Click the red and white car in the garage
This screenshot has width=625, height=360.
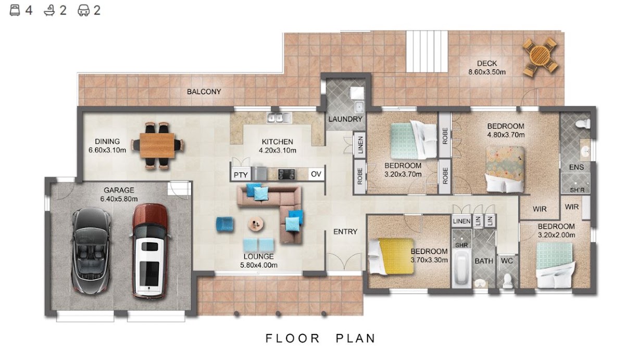[150, 251]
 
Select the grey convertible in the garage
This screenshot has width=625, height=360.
[91, 250]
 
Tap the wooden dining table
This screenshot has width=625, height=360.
[157, 146]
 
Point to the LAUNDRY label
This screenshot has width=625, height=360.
[345, 119]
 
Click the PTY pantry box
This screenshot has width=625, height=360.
[241, 175]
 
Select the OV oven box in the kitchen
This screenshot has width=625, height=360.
[316, 174]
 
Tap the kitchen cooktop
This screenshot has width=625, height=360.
[286, 174]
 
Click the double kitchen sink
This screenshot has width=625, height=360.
[279, 118]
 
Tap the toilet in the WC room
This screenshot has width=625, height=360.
[507, 281]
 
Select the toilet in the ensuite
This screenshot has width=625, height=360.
[583, 123]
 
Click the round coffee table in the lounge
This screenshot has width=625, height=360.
[256, 224]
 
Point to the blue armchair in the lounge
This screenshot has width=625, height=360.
[225, 224]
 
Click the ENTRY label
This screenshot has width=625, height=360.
[345, 232]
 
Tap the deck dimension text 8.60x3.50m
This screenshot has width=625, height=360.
[487, 72]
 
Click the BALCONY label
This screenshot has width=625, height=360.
[204, 92]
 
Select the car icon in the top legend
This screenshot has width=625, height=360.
[83, 10]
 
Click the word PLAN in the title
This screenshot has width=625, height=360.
[356, 339]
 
